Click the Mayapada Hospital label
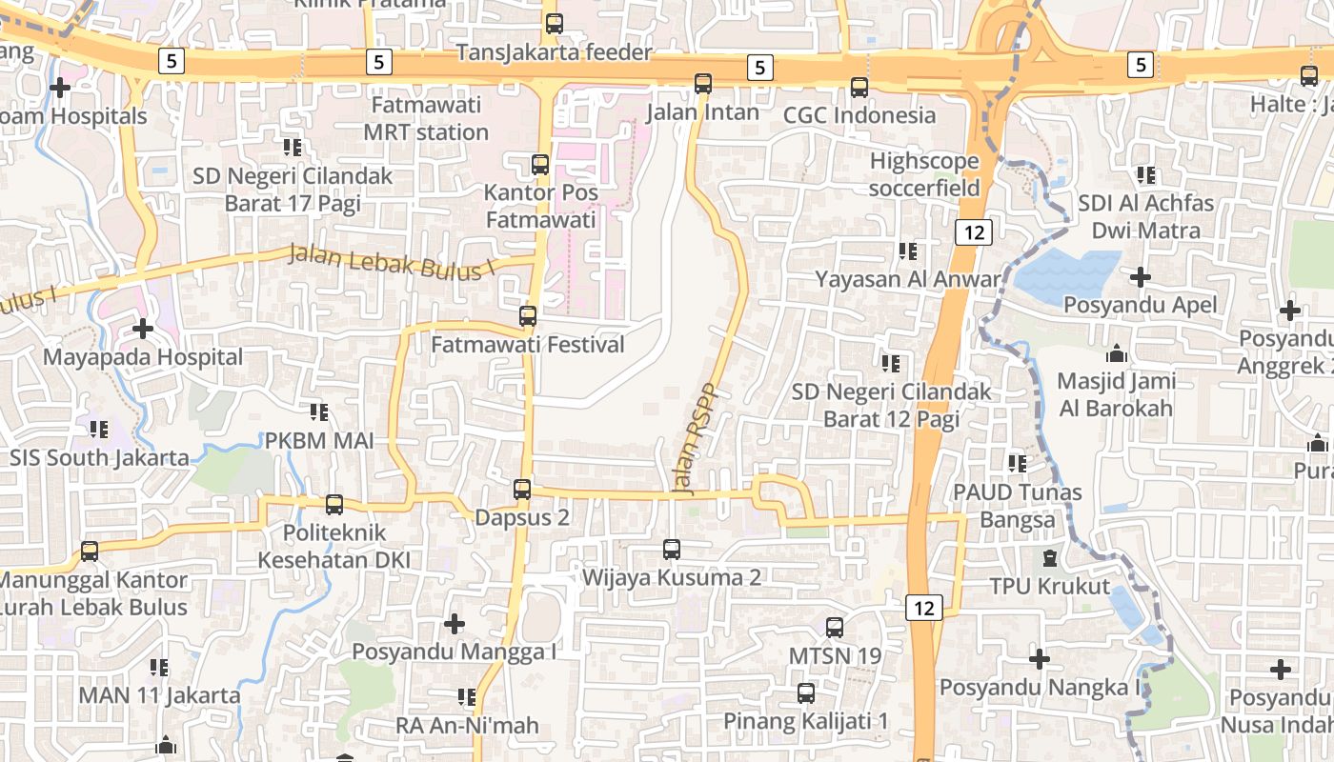pyautogui.click(x=144, y=357)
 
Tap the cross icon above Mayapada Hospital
pyautogui.click(x=143, y=330)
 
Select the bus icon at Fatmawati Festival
pyautogui.click(x=528, y=316)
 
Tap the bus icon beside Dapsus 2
pyautogui.click(x=522, y=490)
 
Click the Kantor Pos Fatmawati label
pyautogui.click(x=541, y=206)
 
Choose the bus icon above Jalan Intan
pyautogui.click(x=703, y=84)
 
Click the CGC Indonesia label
pyautogui.click(x=859, y=115)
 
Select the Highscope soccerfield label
pyautogui.click(x=924, y=174)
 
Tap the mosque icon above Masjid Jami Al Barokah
pyautogui.click(x=1117, y=354)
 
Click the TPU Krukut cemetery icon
pyautogui.click(x=1050, y=558)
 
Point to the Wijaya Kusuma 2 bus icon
pyautogui.click(x=672, y=550)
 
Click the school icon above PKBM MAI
pyautogui.click(x=319, y=412)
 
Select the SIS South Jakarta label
pyautogui.click(x=99, y=457)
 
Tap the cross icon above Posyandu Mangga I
pyautogui.click(x=455, y=624)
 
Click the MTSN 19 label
pyautogui.click(x=835, y=656)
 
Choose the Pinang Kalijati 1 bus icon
pyautogui.click(x=806, y=693)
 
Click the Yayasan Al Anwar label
pyautogui.click(x=908, y=279)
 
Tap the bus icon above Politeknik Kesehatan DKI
pyautogui.click(x=334, y=505)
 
